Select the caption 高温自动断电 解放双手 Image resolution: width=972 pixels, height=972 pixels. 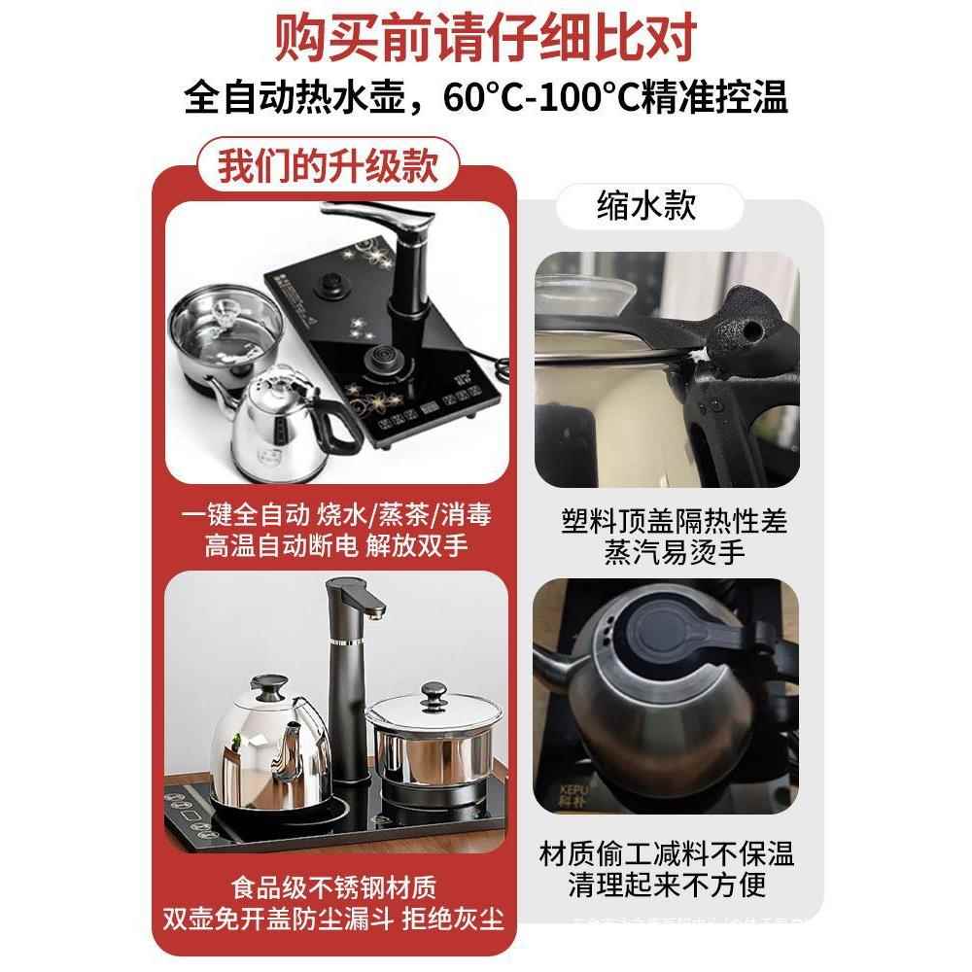[336, 545]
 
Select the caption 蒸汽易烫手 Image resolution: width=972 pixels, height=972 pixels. [665, 551]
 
